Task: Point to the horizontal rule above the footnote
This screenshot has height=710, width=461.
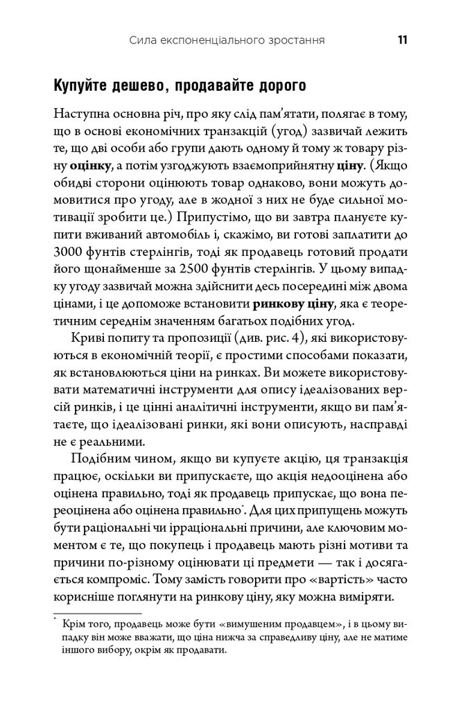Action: [x=97, y=612]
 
